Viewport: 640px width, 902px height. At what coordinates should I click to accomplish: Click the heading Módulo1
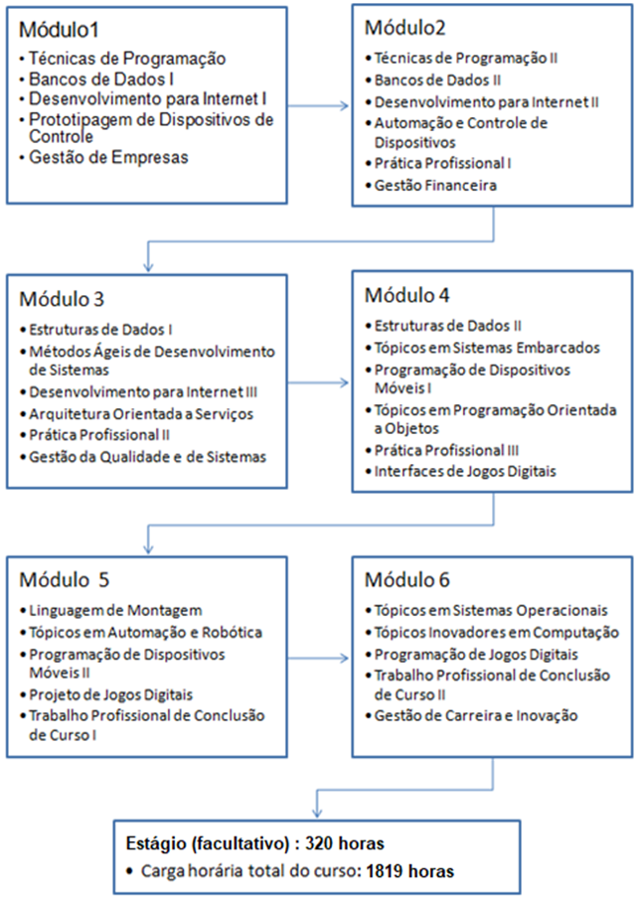[x=59, y=30]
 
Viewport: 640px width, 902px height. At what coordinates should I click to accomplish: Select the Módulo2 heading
[x=404, y=28]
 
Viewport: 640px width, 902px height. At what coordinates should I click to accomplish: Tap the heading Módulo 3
[x=62, y=299]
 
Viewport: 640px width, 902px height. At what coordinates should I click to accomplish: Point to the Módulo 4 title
[x=406, y=295]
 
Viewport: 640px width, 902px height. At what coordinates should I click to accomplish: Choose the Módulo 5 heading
[x=64, y=579]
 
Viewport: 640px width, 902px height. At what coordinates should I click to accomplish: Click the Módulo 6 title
[x=406, y=579]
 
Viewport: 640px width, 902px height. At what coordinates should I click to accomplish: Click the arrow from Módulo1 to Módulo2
[x=318, y=105]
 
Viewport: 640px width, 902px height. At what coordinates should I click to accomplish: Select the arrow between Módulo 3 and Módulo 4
[x=318, y=382]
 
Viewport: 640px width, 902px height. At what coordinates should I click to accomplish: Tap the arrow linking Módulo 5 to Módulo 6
[x=318, y=658]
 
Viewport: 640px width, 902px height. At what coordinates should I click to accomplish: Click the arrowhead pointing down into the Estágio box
[x=316, y=812]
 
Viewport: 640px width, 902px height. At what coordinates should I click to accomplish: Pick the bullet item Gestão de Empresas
[x=108, y=157]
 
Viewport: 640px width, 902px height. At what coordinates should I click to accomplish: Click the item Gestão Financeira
[x=435, y=185]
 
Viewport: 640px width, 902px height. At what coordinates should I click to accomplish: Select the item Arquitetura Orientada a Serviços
[x=141, y=413]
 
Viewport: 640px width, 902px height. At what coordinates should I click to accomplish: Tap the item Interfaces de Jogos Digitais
[x=465, y=471]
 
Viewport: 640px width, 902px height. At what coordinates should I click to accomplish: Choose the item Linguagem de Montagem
[x=115, y=610]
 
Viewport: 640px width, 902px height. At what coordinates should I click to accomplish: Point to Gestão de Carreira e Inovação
[x=476, y=715]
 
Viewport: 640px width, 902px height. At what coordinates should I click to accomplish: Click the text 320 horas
[x=345, y=843]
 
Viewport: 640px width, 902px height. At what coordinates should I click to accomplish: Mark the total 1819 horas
[x=410, y=871]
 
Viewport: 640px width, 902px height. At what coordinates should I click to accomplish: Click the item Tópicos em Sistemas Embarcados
[x=487, y=348]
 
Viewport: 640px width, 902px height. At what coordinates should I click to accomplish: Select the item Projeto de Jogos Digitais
[x=111, y=694]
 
